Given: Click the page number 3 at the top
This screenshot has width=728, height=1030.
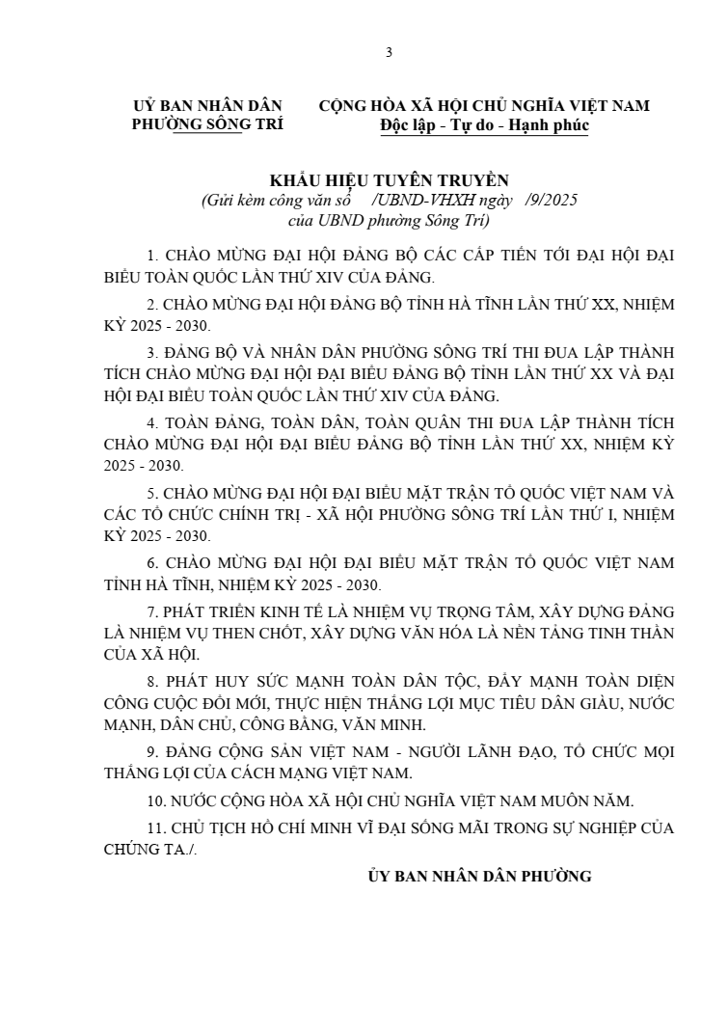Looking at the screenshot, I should tap(389, 52).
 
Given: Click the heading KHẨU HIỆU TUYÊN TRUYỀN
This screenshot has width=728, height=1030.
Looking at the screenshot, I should tap(389, 180).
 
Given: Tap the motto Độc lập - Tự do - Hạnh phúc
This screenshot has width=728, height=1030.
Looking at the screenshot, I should tap(484, 125).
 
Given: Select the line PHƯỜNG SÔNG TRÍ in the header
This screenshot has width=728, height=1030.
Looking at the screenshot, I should tap(206, 125).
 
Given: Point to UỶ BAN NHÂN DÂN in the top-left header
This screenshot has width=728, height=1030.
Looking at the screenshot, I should tap(206, 106).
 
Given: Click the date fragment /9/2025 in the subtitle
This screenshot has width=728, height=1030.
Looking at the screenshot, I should tap(552, 201).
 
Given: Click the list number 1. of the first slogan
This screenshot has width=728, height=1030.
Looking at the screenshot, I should tap(151, 257).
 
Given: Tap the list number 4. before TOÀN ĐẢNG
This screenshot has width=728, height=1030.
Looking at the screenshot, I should tap(151, 423).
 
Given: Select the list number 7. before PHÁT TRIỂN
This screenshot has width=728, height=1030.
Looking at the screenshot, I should tap(151, 612).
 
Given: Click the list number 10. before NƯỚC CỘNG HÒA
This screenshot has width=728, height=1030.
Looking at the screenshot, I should tap(154, 800).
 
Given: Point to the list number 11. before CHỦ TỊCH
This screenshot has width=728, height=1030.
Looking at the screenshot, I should tap(154, 828).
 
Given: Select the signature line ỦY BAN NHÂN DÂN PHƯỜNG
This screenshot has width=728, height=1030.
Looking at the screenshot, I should tap(479, 877).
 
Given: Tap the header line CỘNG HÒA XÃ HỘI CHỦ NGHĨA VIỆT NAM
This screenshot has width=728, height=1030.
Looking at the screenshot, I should tap(484, 106).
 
